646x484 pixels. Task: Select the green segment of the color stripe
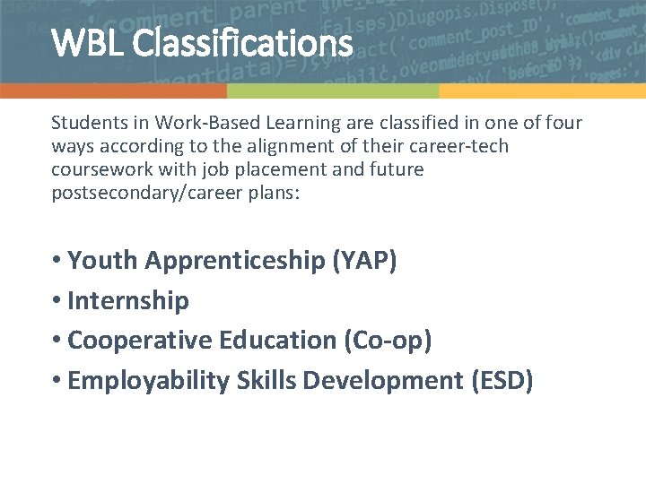332,91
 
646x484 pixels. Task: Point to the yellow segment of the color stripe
542,91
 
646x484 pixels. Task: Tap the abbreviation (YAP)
365,261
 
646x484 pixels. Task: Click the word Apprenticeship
235,261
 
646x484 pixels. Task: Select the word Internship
128,301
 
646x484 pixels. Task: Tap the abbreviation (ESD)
502,381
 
